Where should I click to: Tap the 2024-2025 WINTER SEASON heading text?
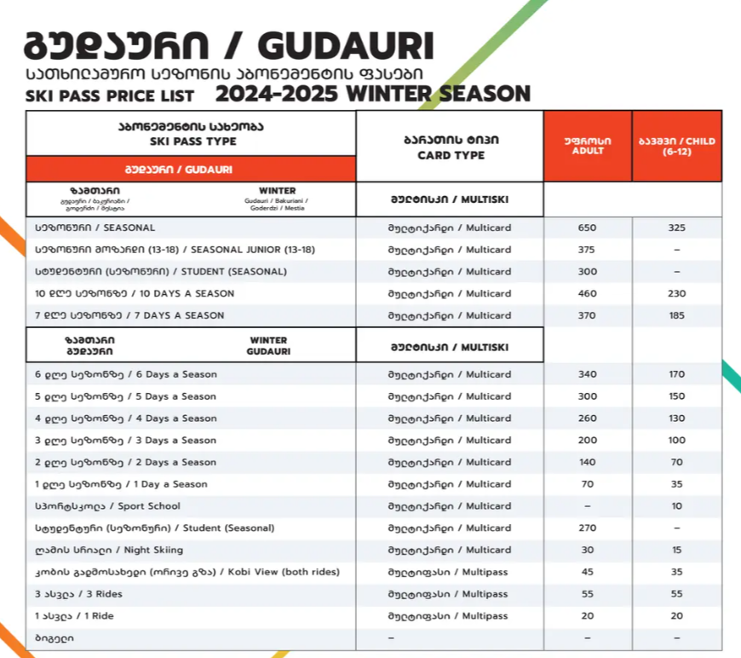(373, 93)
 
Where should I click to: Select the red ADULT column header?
(588, 145)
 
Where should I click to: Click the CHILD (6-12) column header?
(677, 145)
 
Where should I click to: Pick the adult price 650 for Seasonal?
(588, 228)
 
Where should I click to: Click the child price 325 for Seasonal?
(677, 228)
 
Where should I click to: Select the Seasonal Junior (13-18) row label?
(175, 250)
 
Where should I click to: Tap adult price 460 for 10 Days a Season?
(588, 294)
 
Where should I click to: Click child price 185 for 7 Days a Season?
(677, 315)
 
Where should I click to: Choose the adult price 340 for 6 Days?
(588, 374)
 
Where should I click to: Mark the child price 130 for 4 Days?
(677, 418)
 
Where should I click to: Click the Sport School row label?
(107, 506)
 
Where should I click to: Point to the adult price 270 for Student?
(588, 528)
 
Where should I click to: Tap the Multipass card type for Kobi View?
(450, 572)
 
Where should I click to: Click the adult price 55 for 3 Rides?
(588, 594)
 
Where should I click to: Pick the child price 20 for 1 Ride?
(677, 616)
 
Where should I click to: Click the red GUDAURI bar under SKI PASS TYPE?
(191, 169)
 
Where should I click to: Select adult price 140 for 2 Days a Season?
(588, 462)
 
